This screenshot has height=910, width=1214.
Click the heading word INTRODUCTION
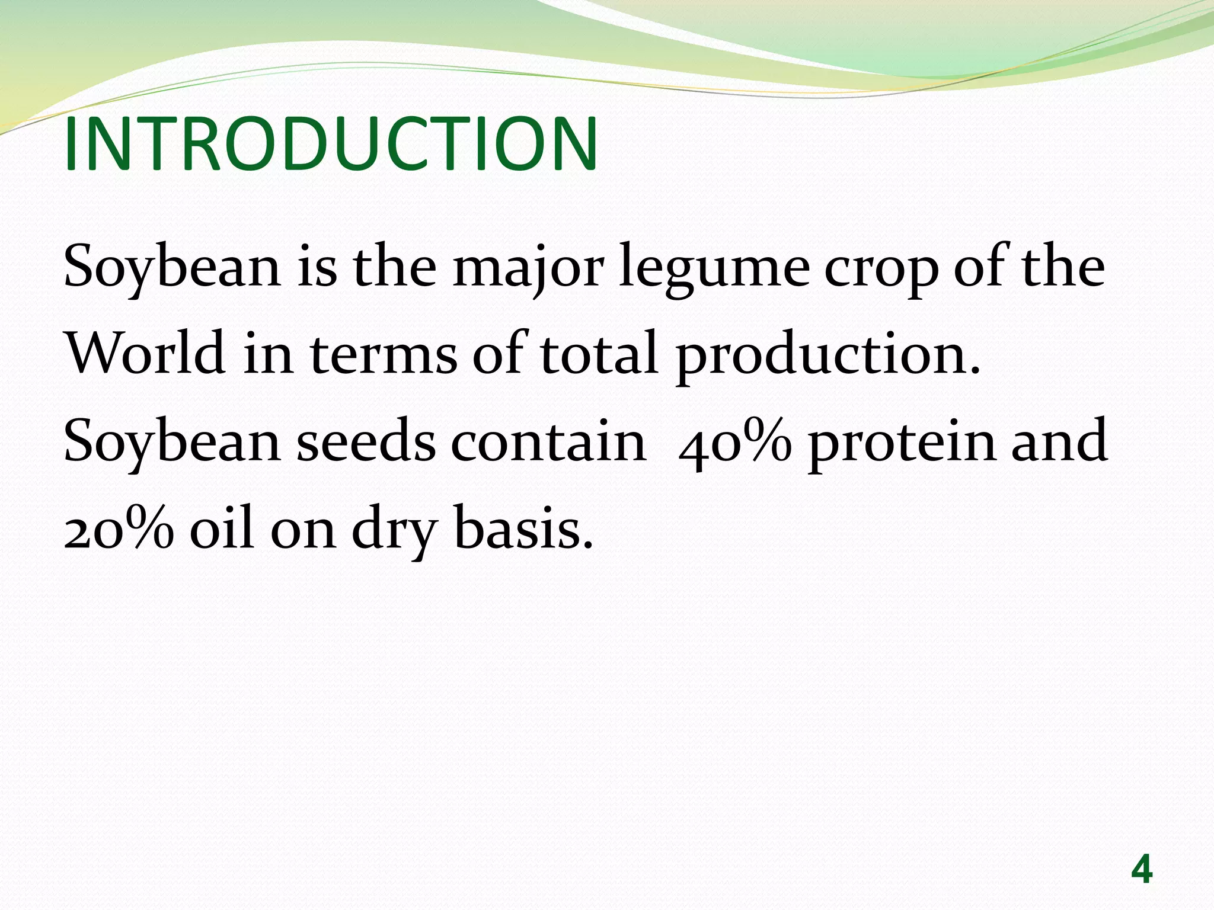click(x=331, y=144)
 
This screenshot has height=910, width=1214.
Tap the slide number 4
click(x=1142, y=870)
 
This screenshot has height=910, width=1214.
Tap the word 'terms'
click(x=384, y=354)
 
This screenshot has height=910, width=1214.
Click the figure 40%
click(x=735, y=441)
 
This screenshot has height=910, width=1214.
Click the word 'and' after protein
click(x=1059, y=441)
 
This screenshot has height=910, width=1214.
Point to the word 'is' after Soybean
click(x=317, y=268)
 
